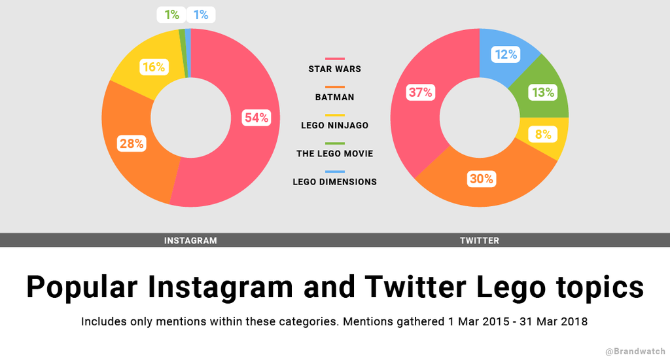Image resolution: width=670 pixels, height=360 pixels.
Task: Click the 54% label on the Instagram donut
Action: (x=256, y=118)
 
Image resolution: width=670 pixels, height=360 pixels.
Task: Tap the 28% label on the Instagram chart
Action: (x=132, y=143)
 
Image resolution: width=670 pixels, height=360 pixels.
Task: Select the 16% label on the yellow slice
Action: (x=153, y=67)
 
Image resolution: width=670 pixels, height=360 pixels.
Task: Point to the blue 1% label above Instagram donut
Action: (x=201, y=14)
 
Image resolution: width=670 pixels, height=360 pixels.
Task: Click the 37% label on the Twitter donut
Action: (x=420, y=92)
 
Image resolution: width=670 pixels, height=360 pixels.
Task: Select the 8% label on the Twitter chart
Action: (x=543, y=135)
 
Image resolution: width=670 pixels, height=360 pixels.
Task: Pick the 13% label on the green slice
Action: (x=543, y=92)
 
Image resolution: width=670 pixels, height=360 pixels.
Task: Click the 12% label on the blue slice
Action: (x=506, y=54)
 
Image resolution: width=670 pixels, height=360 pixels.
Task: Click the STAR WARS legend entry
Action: (x=334, y=69)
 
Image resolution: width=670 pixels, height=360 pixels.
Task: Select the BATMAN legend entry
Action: (x=334, y=97)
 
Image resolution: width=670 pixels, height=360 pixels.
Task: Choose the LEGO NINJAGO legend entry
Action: (x=334, y=125)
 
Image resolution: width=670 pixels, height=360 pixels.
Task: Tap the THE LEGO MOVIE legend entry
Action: (x=334, y=153)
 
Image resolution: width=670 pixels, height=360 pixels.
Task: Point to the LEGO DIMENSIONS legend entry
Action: (x=334, y=181)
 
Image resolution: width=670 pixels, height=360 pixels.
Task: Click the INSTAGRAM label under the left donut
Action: (x=190, y=240)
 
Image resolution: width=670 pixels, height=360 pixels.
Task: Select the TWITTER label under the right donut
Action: (x=480, y=240)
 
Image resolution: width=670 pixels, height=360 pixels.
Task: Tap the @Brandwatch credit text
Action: (x=635, y=351)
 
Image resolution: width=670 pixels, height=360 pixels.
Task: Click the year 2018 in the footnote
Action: (x=574, y=322)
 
